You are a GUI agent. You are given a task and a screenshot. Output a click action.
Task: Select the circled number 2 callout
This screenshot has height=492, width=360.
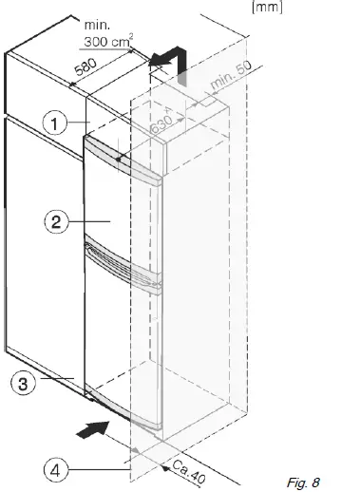57,223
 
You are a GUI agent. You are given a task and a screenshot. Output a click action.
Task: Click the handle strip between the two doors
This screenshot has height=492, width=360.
123,257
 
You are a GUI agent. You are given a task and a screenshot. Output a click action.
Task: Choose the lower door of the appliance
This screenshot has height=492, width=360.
119,332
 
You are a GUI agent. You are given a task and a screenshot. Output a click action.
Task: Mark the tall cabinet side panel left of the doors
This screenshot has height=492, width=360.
43,285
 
